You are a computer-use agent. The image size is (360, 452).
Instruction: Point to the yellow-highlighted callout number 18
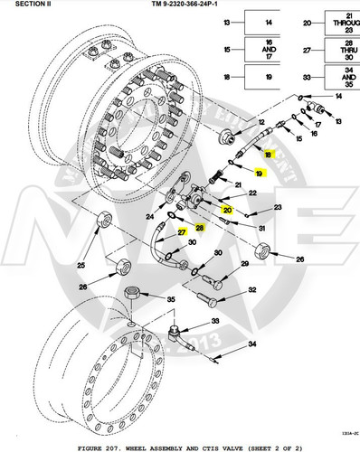268,155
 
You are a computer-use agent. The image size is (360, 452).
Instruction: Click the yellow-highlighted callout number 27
182,232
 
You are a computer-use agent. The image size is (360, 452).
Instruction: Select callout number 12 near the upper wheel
261,121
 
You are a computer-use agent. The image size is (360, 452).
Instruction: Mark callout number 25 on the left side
81,265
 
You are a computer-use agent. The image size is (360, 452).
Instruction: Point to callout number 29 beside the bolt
243,263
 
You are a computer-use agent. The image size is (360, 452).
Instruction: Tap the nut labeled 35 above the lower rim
132,294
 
